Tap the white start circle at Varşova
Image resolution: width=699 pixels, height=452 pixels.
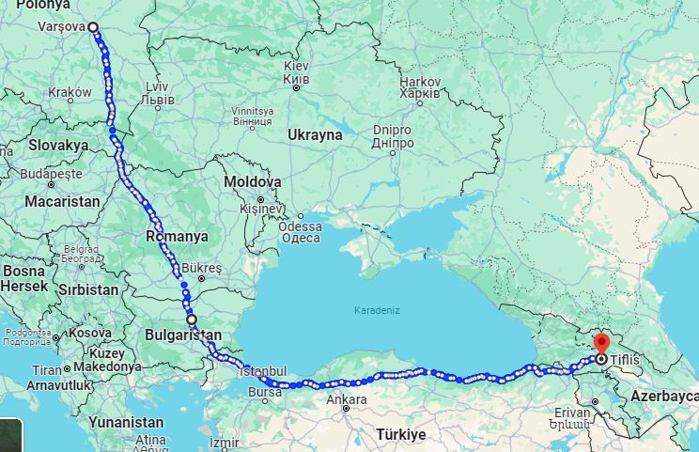pos(93,27)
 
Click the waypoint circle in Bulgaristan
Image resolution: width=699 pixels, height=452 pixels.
pos(192,320)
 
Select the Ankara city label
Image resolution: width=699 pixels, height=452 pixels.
pos(347,399)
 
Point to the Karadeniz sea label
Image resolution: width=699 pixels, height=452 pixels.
pos(376,309)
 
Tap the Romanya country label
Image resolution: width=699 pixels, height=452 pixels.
pos(178,237)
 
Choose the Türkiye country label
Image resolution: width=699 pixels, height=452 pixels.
pos(401,435)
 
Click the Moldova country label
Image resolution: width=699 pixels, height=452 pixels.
pos(253,181)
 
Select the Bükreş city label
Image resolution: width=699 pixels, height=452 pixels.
pos(202,268)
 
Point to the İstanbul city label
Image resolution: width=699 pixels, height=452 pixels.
pos(262,371)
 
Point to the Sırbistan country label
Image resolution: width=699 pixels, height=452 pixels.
pos(88,289)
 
